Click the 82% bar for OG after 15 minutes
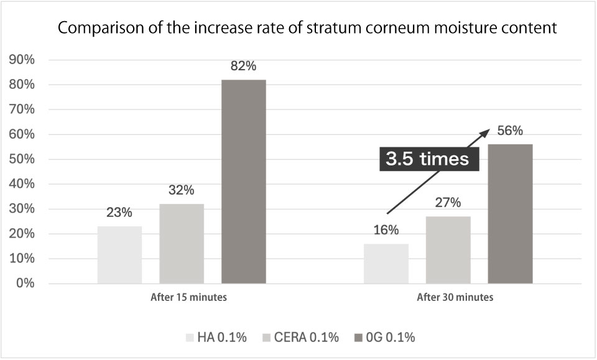pyautogui.click(x=244, y=182)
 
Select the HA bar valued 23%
pyautogui.click(x=119, y=255)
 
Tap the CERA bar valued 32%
pyautogui.click(x=182, y=244)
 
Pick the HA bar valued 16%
pyautogui.click(x=386, y=264)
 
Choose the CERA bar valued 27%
pyautogui.click(x=448, y=250)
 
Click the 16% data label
pyautogui.click(x=386, y=230)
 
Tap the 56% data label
pyautogui.click(x=510, y=131)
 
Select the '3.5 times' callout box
pyautogui.click(x=427, y=159)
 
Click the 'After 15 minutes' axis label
pyautogui.click(x=188, y=297)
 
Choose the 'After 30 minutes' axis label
pyautogui.click(x=455, y=297)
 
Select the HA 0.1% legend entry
pyautogui.click(x=216, y=338)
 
